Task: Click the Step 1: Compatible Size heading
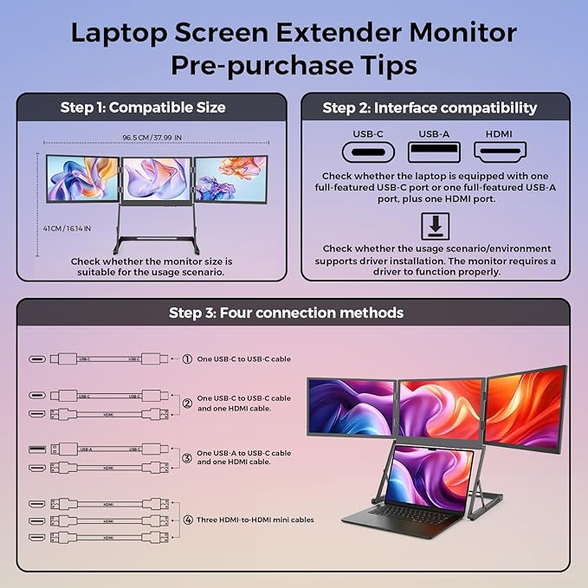pyautogui.click(x=143, y=107)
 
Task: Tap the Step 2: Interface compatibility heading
pyautogui.click(x=430, y=107)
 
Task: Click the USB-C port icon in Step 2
pyautogui.click(x=367, y=152)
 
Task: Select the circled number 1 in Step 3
pyautogui.click(x=186, y=358)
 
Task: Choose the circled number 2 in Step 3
pyautogui.click(x=186, y=403)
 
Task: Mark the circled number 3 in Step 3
pyautogui.click(x=186, y=457)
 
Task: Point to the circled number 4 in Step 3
pyautogui.click(x=186, y=520)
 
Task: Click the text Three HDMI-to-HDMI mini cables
pyautogui.click(x=255, y=520)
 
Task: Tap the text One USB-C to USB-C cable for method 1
pyautogui.click(x=244, y=358)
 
